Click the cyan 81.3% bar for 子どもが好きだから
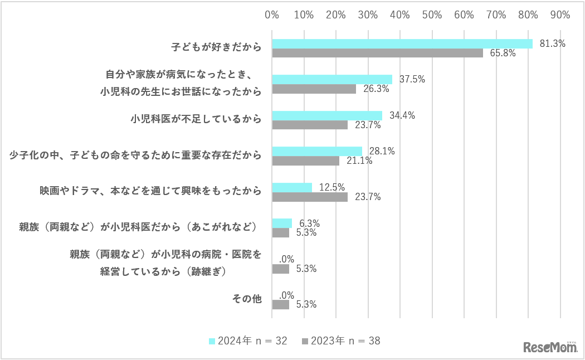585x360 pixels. pos(402,43)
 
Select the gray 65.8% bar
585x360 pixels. pos(377,53)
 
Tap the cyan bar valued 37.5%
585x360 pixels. pos(332,79)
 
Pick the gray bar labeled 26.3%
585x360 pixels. pos(314,89)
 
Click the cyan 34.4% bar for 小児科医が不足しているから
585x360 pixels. pos(327,115)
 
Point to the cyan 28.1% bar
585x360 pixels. pos(317,151)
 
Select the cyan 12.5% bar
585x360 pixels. pos(292,187)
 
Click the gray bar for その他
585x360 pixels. pos(280,304)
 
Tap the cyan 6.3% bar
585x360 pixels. pos(282,223)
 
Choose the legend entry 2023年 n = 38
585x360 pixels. pos(341,340)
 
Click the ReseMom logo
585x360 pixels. pos(550,347)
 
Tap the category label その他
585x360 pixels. pos(247,299)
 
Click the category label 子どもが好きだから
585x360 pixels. pos(216,48)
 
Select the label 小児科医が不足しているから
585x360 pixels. pos(196,119)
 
